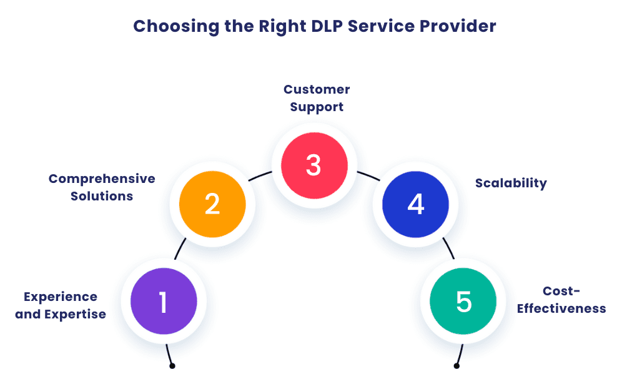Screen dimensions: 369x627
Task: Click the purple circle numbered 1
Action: pyautogui.click(x=164, y=302)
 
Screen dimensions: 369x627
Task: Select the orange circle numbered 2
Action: pyautogui.click(x=212, y=204)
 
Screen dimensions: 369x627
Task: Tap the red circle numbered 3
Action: pyautogui.click(x=313, y=165)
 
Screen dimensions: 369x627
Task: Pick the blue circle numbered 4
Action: pyautogui.click(x=415, y=204)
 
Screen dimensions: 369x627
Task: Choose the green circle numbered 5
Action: pyautogui.click(x=463, y=302)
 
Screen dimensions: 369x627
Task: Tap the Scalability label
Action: pyautogui.click(x=511, y=183)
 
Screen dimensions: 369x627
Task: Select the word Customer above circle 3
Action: pyautogui.click(x=317, y=89)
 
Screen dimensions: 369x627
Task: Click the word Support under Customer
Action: pyautogui.click(x=317, y=107)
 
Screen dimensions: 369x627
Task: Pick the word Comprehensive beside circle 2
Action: pyautogui.click(x=102, y=179)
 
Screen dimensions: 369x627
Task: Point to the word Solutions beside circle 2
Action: pyautogui.click(x=102, y=196)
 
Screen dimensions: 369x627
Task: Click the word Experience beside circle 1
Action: pyautogui.click(x=61, y=297)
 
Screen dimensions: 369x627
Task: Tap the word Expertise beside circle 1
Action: pyautogui.click(x=75, y=314)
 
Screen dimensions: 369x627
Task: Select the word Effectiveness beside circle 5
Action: pyautogui.click(x=561, y=308)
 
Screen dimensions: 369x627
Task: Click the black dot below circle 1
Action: pyautogui.click(x=172, y=366)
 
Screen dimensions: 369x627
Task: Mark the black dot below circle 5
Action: pyautogui.click(x=457, y=366)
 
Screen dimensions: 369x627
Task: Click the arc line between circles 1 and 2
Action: pyautogui.click(x=179, y=249)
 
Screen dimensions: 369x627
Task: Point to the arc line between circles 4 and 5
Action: pyautogui.click(x=448, y=249)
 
